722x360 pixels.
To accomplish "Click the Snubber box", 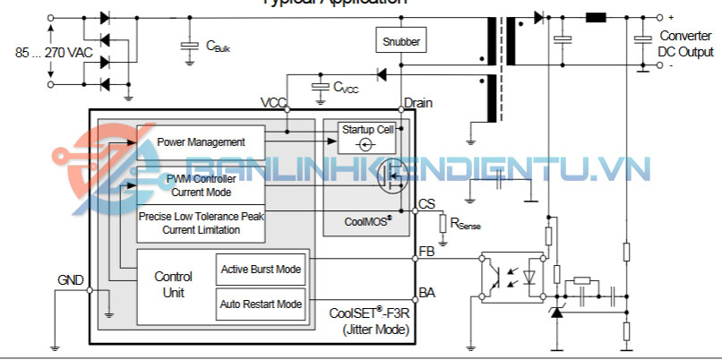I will click(400, 41).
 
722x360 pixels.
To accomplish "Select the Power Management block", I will click(201, 142).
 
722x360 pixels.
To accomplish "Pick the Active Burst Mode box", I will click(261, 269).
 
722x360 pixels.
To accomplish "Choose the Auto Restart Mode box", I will click(261, 304).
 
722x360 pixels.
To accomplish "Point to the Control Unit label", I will click(174, 284).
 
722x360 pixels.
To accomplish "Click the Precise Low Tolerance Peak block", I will click(201, 224).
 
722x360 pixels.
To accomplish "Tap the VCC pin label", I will click(273, 103).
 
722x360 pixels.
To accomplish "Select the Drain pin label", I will click(418, 103).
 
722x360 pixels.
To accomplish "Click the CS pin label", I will click(426, 205).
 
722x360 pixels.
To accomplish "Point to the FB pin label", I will click(426, 252).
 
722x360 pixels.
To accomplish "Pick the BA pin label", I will click(426, 293).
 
